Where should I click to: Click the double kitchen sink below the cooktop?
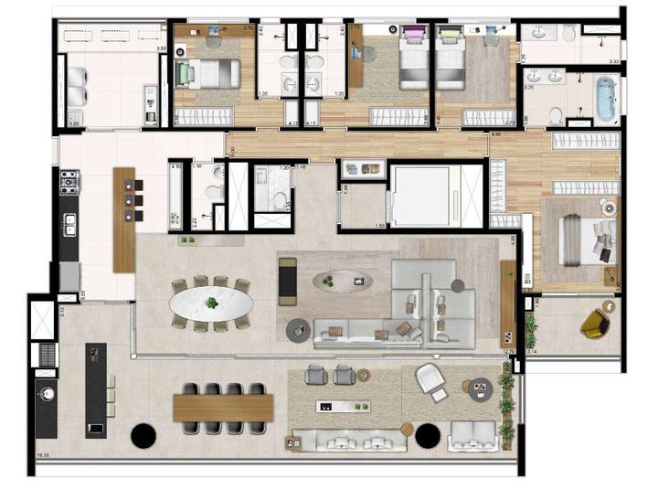[69, 223]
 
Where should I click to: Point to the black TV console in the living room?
[289, 280]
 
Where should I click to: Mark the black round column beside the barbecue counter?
[143, 436]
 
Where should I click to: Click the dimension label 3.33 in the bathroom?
[615, 61]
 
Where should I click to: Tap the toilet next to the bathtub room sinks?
[555, 113]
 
